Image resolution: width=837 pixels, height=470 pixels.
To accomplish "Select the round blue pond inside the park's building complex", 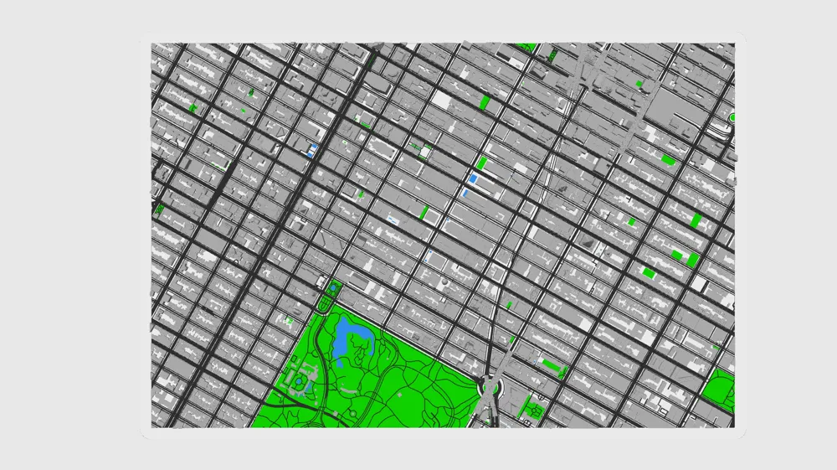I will (298, 382).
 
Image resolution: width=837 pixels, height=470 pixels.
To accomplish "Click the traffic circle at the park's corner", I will (490, 388).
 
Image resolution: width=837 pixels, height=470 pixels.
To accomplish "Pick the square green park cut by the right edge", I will (719, 390).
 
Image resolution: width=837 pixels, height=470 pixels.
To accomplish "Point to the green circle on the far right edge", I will (732, 118).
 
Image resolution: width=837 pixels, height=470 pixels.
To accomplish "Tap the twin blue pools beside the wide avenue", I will (313, 151).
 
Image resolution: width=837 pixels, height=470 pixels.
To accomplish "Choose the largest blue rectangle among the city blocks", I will (473, 178).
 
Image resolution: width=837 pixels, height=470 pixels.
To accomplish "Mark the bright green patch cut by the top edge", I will (526, 47).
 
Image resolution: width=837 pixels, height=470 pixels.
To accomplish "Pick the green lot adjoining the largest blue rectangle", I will (481, 163).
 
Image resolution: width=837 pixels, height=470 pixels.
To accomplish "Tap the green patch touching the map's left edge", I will (157, 209).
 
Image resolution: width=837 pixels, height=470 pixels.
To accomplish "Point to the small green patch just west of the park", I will (290, 320).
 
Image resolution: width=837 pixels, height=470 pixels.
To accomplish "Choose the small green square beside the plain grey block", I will (639, 84).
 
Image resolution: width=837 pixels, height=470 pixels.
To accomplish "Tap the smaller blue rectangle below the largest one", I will (465, 193).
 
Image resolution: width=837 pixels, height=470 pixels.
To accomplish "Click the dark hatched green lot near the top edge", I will (552, 55).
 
